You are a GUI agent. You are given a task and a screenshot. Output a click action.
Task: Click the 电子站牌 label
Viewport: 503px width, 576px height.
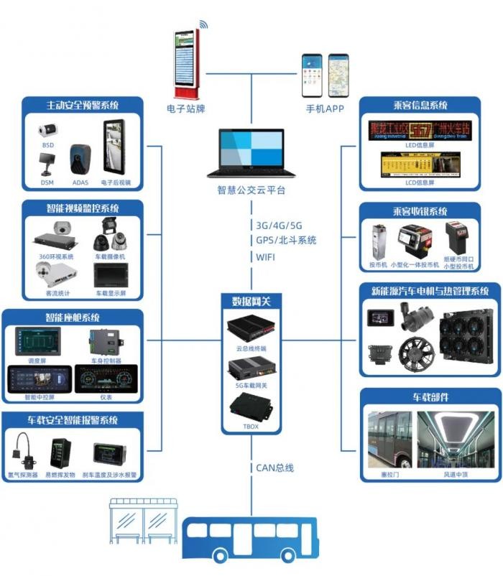point(185,109)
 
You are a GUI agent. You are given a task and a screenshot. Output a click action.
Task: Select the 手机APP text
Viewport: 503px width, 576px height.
point(326,109)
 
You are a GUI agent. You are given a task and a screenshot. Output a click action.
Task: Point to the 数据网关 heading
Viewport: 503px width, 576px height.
point(251,300)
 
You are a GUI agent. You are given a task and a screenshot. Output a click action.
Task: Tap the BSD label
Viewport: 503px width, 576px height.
point(47,145)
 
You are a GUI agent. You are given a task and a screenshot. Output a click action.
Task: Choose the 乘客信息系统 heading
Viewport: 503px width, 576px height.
point(420,105)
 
